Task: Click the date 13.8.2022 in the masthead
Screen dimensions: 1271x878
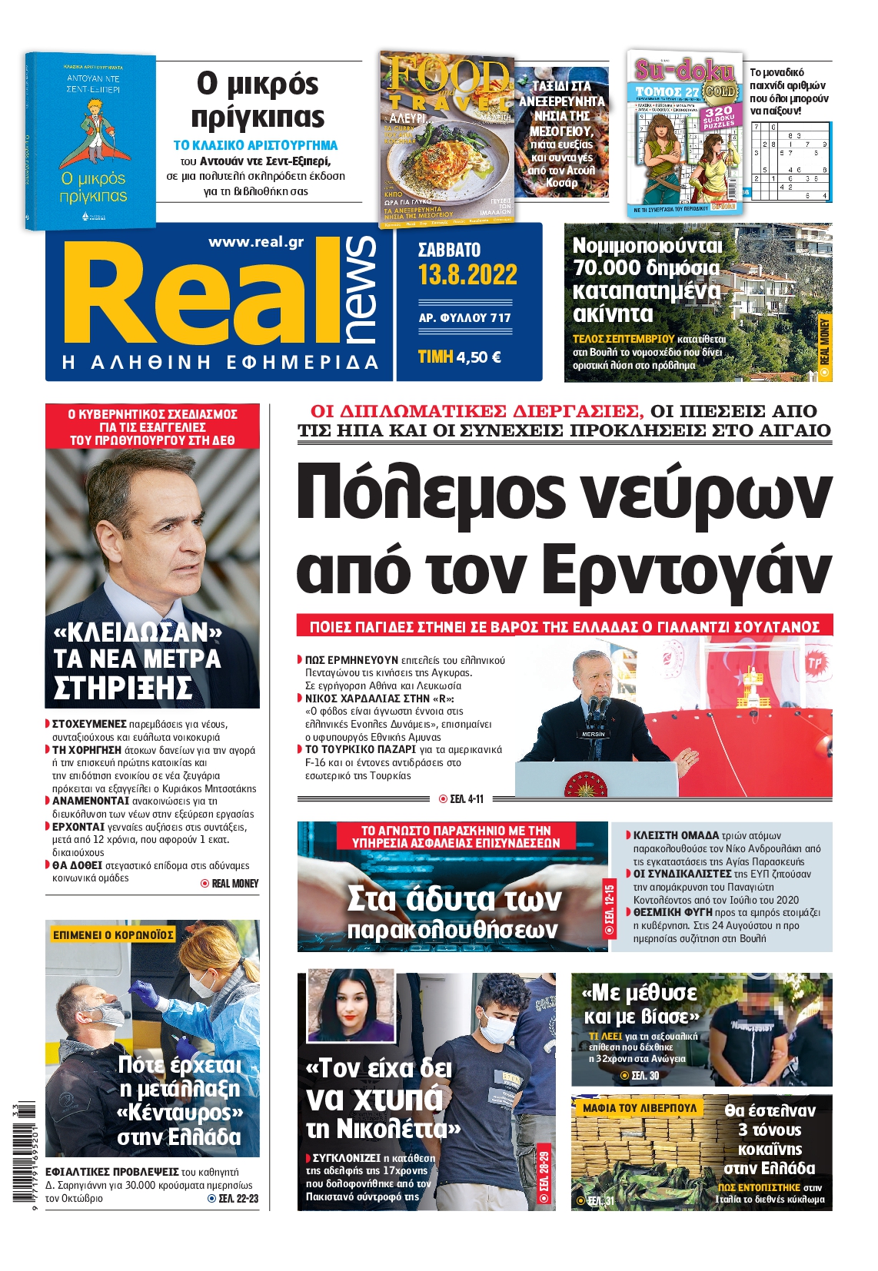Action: [x=467, y=275]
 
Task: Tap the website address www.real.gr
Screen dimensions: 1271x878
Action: [x=256, y=242]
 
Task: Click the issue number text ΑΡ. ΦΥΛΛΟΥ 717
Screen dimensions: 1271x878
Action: [x=464, y=317]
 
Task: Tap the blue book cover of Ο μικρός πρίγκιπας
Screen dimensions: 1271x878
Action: [x=91, y=141]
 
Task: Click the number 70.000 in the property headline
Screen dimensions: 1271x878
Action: [x=607, y=267]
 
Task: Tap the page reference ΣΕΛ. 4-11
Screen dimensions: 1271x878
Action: [x=461, y=799]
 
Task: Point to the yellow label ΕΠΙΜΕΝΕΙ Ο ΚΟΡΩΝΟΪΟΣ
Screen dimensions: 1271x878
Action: [x=113, y=934]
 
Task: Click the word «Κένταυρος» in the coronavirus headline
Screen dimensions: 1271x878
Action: [x=180, y=1113]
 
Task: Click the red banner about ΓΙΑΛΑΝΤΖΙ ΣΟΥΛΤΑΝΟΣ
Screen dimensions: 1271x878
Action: [x=564, y=626]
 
